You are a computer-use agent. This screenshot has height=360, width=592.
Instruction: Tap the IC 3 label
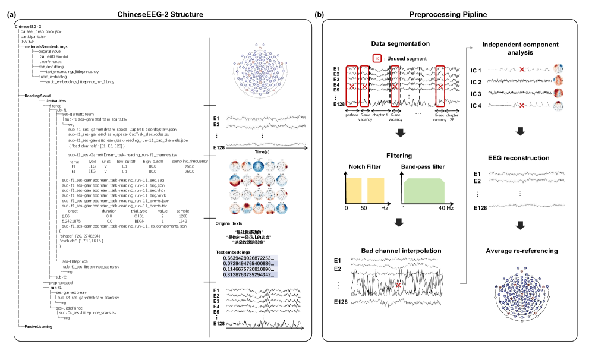(476, 94)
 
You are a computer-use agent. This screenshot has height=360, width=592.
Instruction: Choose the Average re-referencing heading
(521, 251)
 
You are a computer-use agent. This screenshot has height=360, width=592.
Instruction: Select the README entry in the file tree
(27, 41)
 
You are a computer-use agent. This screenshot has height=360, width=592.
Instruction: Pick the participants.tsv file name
(33, 36)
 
